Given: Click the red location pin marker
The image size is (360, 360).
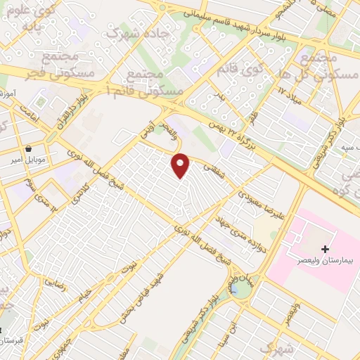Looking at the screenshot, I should (x=181, y=165).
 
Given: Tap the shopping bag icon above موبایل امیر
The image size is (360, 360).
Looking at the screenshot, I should (x=28, y=149).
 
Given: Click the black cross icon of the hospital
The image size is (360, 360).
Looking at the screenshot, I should (x=325, y=248).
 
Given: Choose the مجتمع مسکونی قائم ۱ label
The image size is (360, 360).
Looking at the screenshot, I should (x=148, y=83).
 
